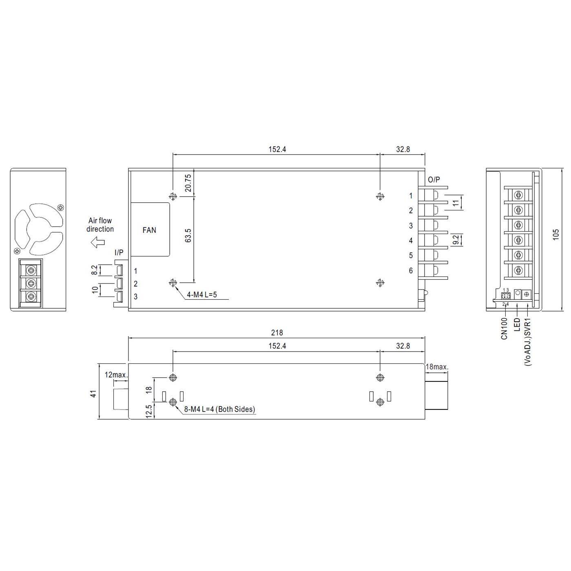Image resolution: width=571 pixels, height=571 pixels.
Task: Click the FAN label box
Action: pyautogui.click(x=150, y=230)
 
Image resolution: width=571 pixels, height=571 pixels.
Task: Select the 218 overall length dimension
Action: pyautogui.click(x=277, y=333)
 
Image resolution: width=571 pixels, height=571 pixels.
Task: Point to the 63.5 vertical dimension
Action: pyautogui.click(x=188, y=236)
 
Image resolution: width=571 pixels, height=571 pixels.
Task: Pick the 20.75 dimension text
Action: pyautogui.click(x=188, y=183)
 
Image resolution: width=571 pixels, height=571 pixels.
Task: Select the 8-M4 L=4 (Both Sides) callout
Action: pyautogui.click(x=219, y=409)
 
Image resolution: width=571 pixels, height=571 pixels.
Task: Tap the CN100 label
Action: pyautogui.click(x=505, y=329)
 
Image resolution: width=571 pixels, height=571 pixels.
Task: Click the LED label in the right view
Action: pyautogui.click(x=517, y=325)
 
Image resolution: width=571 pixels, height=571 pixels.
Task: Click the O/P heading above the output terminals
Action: pyautogui.click(x=434, y=180)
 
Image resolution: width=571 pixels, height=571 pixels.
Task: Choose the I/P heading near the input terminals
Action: pyautogui.click(x=119, y=253)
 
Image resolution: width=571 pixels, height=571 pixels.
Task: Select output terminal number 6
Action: pyautogui.click(x=411, y=270)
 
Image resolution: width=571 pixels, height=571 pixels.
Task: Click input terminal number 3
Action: pyautogui.click(x=135, y=297)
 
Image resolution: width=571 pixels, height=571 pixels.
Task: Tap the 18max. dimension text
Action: pyautogui.click(x=437, y=367)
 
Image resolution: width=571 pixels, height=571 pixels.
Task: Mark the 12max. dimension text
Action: pyautogui.click(x=116, y=374)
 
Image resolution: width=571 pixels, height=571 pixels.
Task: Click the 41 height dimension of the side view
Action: pyautogui.click(x=93, y=394)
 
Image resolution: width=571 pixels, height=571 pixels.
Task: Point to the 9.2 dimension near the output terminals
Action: pyautogui.click(x=456, y=240)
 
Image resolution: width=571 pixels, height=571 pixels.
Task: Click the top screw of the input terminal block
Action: pyautogui.click(x=31, y=270)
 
